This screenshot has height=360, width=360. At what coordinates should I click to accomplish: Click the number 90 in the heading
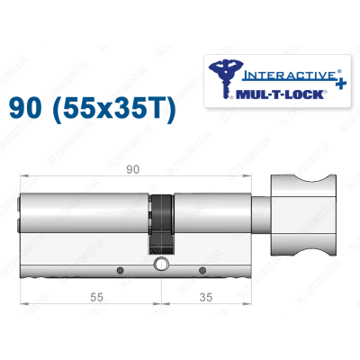click(28, 112)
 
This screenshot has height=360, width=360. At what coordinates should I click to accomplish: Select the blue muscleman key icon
click(221, 76)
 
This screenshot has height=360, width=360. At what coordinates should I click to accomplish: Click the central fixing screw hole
click(160, 265)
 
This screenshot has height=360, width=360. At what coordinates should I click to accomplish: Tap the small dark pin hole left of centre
click(119, 268)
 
